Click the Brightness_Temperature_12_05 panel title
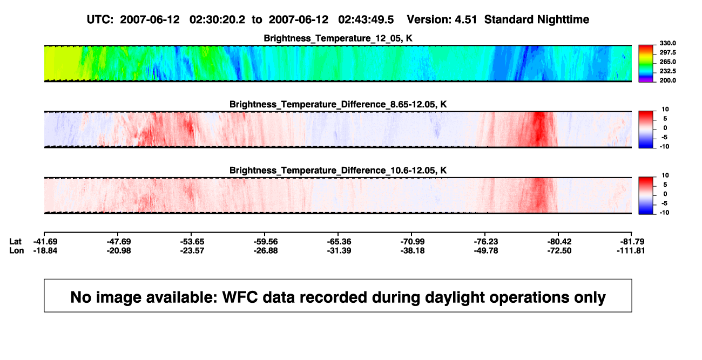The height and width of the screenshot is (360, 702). pyautogui.click(x=338, y=38)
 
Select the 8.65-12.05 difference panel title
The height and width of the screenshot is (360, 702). pyautogui.click(x=338, y=104)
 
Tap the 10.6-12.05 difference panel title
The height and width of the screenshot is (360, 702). pyautogui.click(x=338, y=171)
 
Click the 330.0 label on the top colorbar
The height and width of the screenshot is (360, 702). pyautogui.click(x=667, y=43)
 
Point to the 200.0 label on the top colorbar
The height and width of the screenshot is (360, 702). pyautogui.click(x=667, y=80)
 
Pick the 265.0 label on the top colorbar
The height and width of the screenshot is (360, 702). pyautogui.click(x=667, y=62)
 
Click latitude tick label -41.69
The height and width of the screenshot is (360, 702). pyautogui.click(x=45, y=242)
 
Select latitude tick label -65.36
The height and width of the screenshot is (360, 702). pyautogui.click(x=339, y=242)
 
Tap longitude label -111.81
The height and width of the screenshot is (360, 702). pyautogui.click(x=631, y=250)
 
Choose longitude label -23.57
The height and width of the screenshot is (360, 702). pyautogui.click(x=192, y=250)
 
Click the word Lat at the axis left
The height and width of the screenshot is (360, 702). pyautogui.click(x=15, y=242)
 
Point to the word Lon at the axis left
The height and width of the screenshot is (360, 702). pyautogui.click(x=16, y=250)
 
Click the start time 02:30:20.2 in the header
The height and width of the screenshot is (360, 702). pyautogui.click(x=217, y=20)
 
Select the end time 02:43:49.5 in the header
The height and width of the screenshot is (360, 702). pyautogui.click(x=366, y=20)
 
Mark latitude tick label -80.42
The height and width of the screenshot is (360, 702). pyautogui.click(x=559, y=242)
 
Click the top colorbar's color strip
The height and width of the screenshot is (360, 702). pyautogui.click(x=646, y=64)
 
